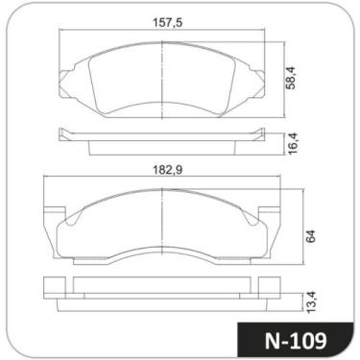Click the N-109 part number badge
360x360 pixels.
[x=295, y=337]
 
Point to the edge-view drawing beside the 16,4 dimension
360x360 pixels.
[x=163, y=140]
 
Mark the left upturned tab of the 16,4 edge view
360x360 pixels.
[x=62, y=132]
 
